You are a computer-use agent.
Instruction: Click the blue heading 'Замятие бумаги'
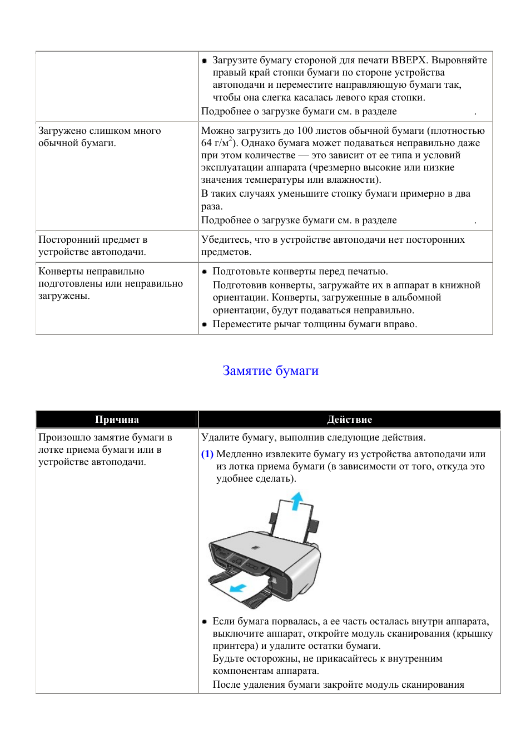pyautogui.click(x=270, y=371)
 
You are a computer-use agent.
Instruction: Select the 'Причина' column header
pyautogui.click(x=117, y=419)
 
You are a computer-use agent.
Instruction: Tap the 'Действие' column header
pyautogui.click(x=349, y=419)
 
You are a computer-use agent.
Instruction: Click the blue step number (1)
pyautogui.click(x=207, y=454)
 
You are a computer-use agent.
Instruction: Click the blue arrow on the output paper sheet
pyautogui.click(x=239, y=587)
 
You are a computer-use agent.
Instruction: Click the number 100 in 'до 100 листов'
pyautogui.click(x=305, y=131)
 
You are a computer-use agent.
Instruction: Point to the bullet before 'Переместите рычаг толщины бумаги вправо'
pyautogui.click(x=205, y=324)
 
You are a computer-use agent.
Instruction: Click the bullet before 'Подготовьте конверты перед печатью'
pyautogui.click(x=205, y=272)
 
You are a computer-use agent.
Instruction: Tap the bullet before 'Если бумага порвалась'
pyautogui.click(x=205, y=622)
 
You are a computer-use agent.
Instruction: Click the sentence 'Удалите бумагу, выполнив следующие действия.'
pyautogui.click(x=313, y=437)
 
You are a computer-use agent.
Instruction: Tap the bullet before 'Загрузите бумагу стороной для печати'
pyautogui.click(x=205, y=61)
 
